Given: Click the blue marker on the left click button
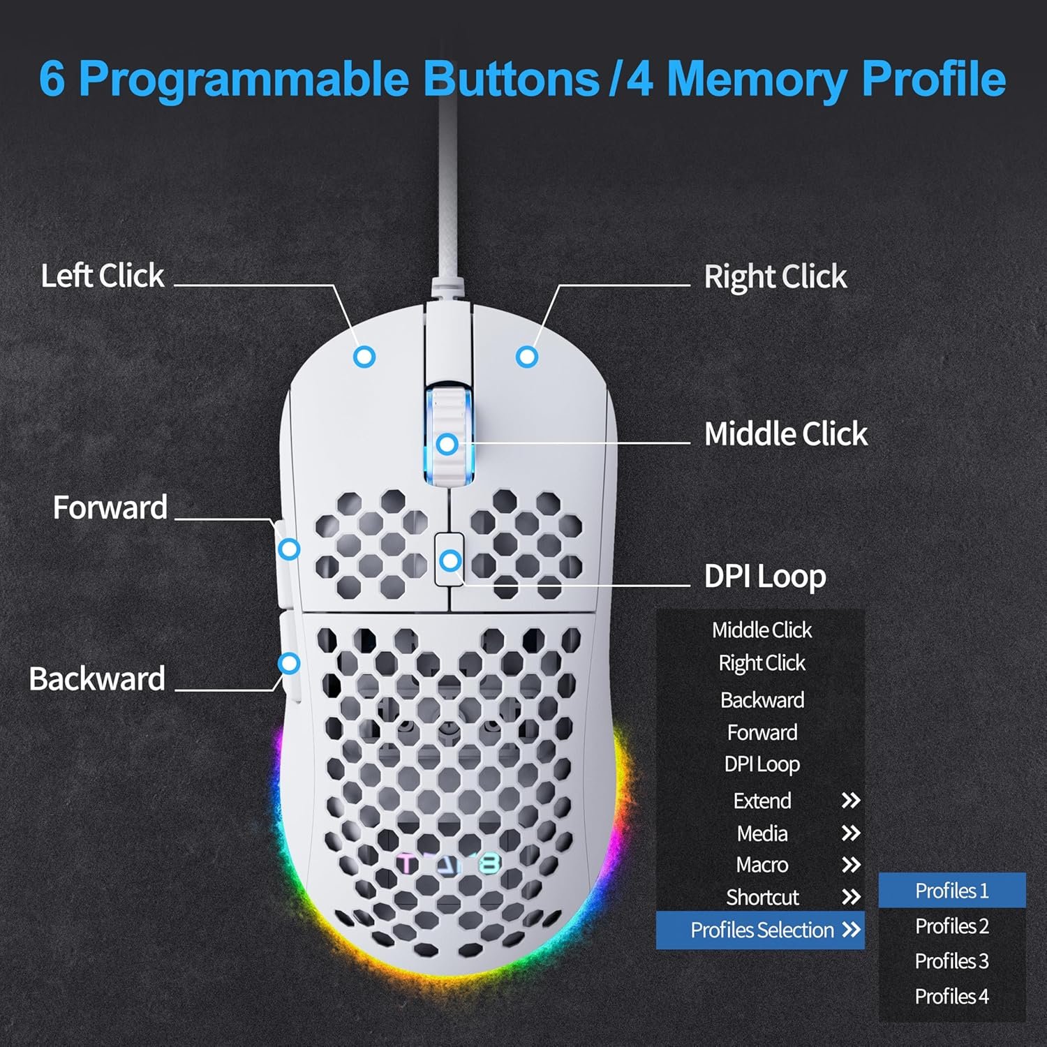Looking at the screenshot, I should [364, 357].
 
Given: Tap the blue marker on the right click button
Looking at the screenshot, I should [527, 357].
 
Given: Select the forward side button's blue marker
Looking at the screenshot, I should [289, 549].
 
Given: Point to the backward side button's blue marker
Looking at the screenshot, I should [289, 663].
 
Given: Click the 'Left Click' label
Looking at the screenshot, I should [103, 276].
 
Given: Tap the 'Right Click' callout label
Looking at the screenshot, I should [775, 277].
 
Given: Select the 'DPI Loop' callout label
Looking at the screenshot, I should [765, 577].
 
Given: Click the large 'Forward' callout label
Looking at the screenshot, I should [110, 507].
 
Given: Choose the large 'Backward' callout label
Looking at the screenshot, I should [97, 678].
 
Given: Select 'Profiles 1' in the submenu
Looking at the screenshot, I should [951, 891].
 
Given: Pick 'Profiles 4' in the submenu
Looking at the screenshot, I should [951, 996].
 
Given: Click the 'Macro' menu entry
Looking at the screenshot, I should [762, 865].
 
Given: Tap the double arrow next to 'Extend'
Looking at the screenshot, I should [850, 801].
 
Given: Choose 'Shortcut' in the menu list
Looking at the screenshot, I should [762, 897].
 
